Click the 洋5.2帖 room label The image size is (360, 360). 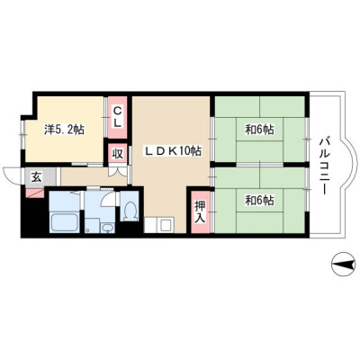point(64,130)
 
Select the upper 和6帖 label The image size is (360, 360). point(260,130)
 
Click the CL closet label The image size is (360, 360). point(118,117)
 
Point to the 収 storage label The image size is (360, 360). point(118,154)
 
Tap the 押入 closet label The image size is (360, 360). point(200,211)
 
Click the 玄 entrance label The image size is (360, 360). point(36,177)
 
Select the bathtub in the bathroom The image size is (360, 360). point(65,222)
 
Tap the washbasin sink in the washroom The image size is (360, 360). point(107,228)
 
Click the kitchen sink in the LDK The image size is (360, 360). point(166,225)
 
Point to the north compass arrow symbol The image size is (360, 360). point(345,265)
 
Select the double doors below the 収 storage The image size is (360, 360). point(117,171)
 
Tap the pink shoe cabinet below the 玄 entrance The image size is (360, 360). point(35,193)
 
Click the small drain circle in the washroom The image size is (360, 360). point(87,230)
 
